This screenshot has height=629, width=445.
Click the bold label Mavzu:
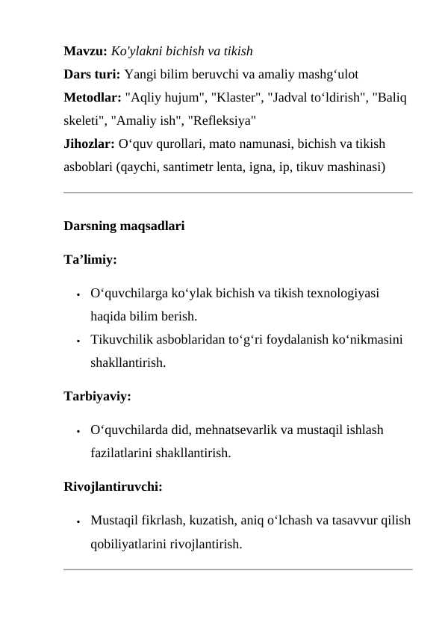coord(86,53)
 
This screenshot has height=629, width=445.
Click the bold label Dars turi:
coord(93,75)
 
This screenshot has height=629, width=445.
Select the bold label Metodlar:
coord(93,96)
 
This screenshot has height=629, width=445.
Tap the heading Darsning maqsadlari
coord(124,227)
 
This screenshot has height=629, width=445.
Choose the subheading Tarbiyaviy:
coord(98,397)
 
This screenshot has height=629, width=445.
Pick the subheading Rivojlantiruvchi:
coord(113,486)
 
